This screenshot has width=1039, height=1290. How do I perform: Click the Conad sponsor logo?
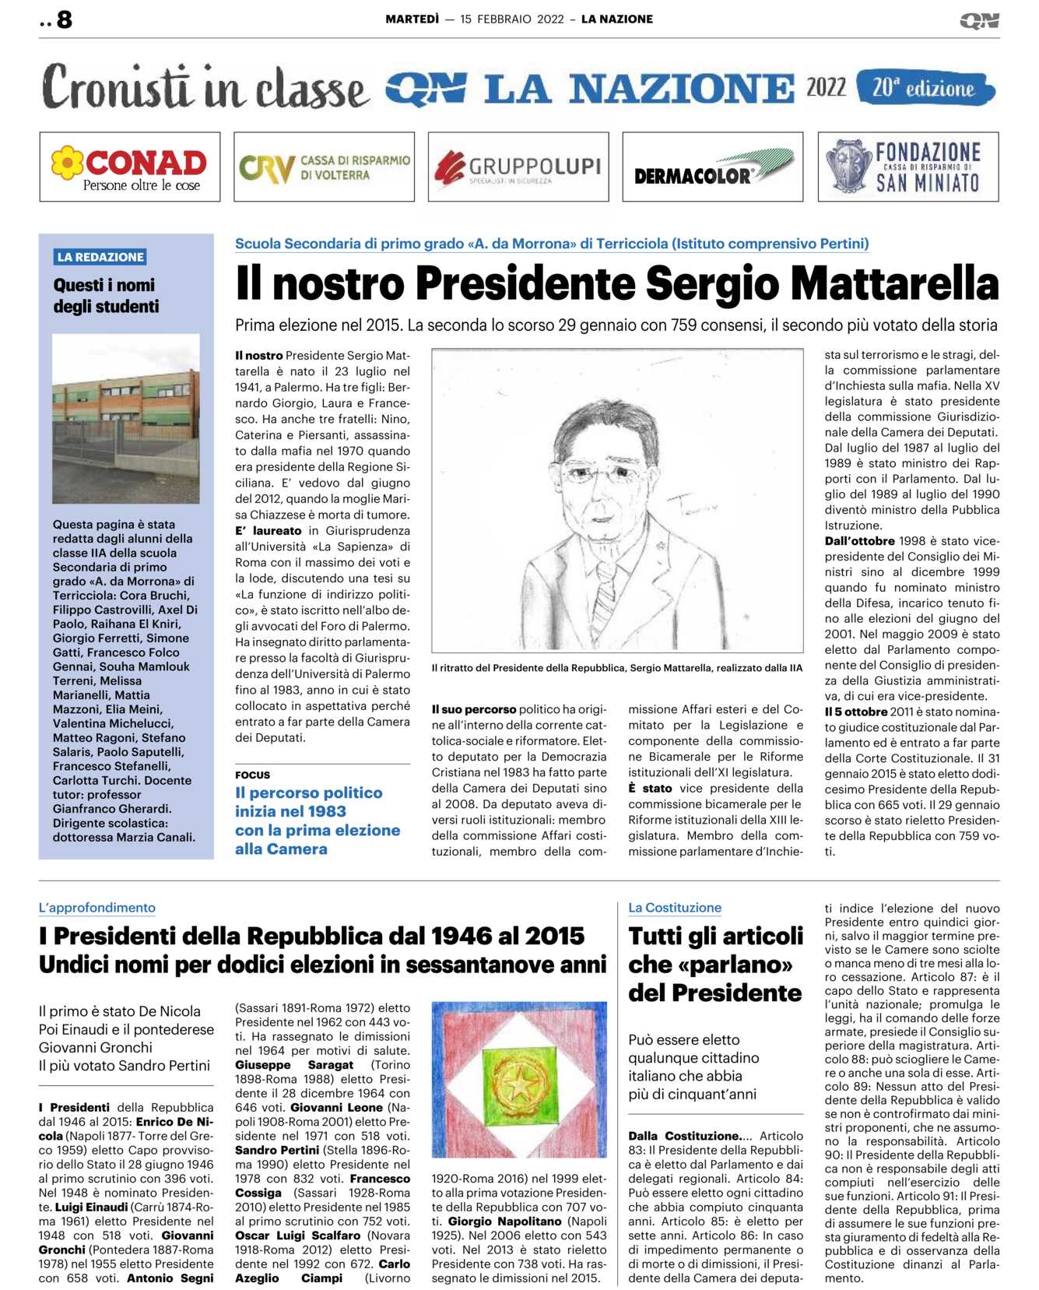tap(129, 167)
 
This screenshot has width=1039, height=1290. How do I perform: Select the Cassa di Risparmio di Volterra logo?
tap(324, 167)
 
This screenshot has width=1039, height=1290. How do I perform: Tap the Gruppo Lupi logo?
tap(518, 167)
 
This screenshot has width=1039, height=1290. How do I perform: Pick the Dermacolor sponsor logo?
tap(713, 167)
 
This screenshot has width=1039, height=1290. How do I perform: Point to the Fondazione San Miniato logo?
tap(907, 167)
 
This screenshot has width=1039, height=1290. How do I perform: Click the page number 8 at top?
tap(64, 19)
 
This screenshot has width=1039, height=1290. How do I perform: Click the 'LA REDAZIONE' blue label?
tap(100, 257)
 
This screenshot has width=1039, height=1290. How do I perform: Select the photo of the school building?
tap(125, 418)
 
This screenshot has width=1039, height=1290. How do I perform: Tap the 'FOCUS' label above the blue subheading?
tap(252, 775)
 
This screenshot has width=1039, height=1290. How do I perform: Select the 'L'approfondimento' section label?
tap(97, 908)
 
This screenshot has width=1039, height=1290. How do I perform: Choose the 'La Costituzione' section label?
tap(675, 908)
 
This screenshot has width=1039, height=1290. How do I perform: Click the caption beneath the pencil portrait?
tap(616, 668)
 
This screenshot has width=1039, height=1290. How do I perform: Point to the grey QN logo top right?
tap(979, 21)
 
